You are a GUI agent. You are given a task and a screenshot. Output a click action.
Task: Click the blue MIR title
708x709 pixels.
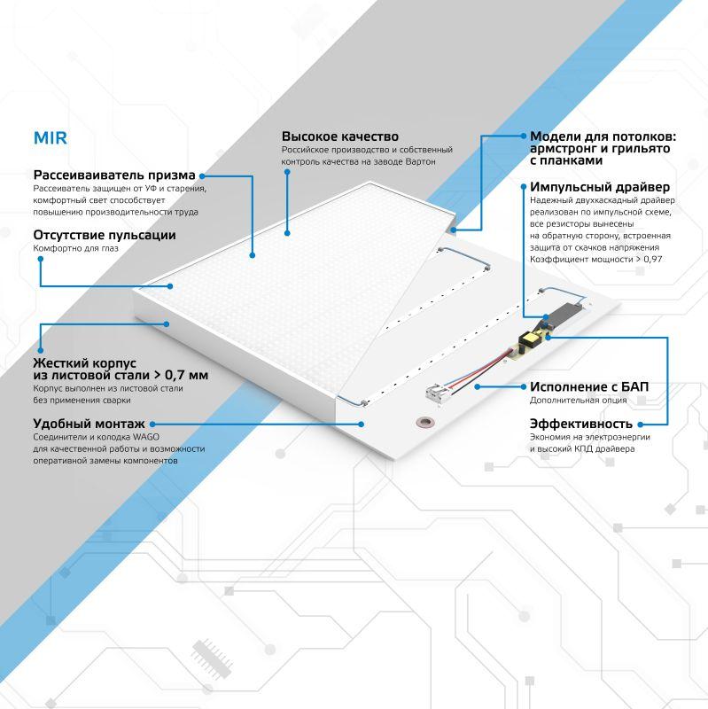pyautogui.click(x=50, y=139)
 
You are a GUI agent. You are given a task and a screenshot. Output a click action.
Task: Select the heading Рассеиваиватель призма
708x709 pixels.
pyautogui.click(x=114, y=175)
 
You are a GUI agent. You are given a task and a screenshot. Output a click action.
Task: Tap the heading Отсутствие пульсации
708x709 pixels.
pyautogui.click(x=104, y=235)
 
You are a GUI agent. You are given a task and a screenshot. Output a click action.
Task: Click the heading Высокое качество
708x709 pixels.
pyautogui.click(x=339, y=136)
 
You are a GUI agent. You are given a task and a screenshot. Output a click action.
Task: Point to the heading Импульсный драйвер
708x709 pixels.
pyautogui.click(x=600, y=187)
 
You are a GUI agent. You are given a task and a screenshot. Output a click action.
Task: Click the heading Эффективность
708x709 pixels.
pyautogui.click(x=581, y=423)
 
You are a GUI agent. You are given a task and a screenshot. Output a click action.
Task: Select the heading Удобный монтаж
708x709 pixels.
pyautogui.click(x=89, y=424)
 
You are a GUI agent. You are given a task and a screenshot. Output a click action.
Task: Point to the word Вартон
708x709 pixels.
pyautogui.click(x=418, y=162)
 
